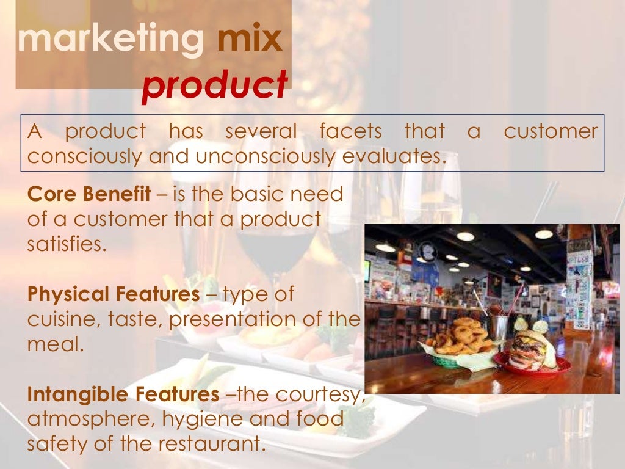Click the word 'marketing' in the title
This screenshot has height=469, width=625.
pos(110,40)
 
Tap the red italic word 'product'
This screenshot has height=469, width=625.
pos(214,86)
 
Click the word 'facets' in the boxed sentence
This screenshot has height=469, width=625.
pos(350,131)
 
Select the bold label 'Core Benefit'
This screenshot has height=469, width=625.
pos(89,194)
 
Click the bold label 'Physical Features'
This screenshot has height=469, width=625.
pos(114,294)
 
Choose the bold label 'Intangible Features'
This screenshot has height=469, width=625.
pos(123,394)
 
